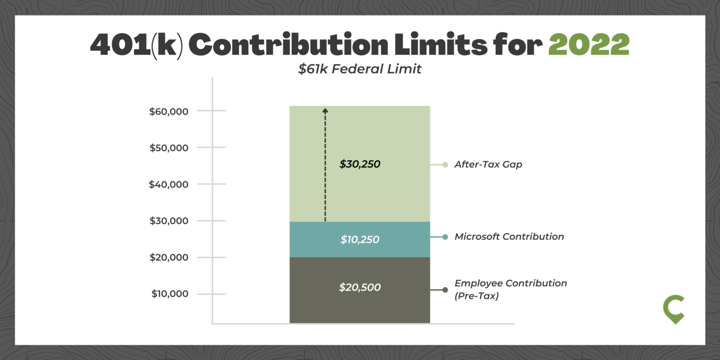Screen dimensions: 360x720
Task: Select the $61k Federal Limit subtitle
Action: coord(360,69)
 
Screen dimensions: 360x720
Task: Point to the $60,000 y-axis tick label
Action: coord(169,112)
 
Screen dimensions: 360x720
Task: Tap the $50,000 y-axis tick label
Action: coord(169,148)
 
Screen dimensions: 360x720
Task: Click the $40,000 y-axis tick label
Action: coord(169,185)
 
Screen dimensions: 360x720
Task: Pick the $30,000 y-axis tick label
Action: coord(169,221)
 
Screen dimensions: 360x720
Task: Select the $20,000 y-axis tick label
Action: coord(169,257)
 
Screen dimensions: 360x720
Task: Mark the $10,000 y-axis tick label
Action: coord(169,294)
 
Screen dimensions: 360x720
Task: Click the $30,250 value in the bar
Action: coord(360,165)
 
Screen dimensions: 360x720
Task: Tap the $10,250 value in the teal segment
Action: coord(360,240)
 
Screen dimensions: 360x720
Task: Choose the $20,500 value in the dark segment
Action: coord(360,287)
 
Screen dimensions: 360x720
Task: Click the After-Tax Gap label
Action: coord(488,165)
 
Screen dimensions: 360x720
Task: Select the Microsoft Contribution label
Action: coord(509,237)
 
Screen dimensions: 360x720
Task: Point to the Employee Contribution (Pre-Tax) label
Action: coord(510,290)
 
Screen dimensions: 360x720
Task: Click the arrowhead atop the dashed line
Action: coord(325,110)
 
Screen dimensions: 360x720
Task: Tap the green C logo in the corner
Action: coord(674,309)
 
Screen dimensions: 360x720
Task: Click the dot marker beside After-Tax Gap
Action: coord(445,165)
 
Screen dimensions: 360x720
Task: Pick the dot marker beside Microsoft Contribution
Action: coord(445,237)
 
